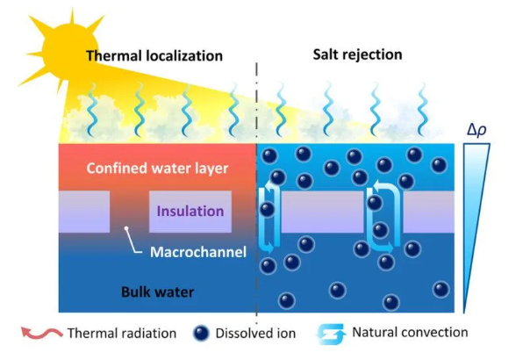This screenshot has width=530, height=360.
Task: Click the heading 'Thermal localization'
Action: click(x=154, y=56)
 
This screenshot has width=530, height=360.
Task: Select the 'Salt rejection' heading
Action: click(x=358, y=54)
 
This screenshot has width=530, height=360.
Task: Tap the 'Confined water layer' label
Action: click(x=157, y=169)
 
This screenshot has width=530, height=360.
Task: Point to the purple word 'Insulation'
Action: click(x=190, y=211)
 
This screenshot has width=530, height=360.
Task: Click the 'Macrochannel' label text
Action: click(x=198, y=252)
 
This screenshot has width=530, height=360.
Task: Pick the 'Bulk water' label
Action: click(x=158, y=292)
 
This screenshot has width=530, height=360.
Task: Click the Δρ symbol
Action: click(x=476, y=131)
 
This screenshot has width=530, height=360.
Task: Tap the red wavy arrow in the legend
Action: click(x=41, y=333)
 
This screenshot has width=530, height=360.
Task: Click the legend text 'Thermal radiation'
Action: click(x=122, y=334)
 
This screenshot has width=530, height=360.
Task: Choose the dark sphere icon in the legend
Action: click(x=201, y=334)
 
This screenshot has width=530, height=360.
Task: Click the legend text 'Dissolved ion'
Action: click(x=255, y=334)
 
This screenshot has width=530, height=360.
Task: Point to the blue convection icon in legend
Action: click(x=332, y=334)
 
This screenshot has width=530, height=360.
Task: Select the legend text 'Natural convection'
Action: click(x=410, y=332)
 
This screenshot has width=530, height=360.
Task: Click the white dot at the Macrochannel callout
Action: click(x=126, y=228)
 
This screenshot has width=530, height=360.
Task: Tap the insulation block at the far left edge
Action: click(x=84, y=212)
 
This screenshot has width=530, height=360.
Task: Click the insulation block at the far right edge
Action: click(x=429, y=212)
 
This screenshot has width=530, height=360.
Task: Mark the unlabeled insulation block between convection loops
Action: click(x=322, y=212)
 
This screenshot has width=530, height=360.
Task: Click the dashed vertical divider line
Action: click(x=256, y=193)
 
